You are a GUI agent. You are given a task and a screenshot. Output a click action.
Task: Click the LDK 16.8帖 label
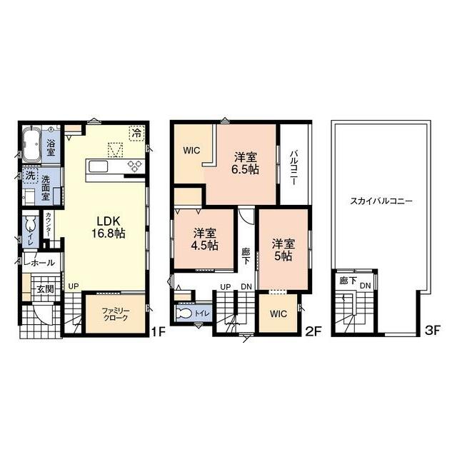(109, 227)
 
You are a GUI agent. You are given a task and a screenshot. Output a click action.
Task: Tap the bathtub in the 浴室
(31, 144)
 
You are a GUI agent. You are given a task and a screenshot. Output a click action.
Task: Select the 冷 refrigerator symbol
(136, 134)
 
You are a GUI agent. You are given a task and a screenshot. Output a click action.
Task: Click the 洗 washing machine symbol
(31, 176)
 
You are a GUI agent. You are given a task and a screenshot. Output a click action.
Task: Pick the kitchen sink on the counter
(99, 167)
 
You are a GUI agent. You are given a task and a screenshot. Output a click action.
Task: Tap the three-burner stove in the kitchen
(135, 167)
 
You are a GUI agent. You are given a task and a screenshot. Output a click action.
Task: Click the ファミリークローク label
(116, 314)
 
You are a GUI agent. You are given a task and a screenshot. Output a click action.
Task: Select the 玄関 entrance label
(45, 289)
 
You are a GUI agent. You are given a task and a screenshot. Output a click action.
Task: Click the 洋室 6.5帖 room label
(246, 164)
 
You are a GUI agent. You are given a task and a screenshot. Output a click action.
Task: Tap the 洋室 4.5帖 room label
(205, 240)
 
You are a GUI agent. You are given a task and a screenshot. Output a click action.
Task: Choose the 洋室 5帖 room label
(283, 250)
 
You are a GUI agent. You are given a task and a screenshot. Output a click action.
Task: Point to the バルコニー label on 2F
(293, 168)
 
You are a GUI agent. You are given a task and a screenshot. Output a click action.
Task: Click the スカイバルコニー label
(381, 201)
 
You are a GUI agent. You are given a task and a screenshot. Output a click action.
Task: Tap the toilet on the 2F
(184, 313)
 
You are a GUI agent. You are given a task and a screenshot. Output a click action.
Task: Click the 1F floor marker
(159, 331)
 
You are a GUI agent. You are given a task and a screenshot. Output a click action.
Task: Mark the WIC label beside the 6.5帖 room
(192, 151)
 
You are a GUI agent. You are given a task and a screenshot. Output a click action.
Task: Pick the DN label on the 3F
(365, 286)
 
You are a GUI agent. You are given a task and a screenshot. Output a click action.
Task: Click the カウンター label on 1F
(49, 224)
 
